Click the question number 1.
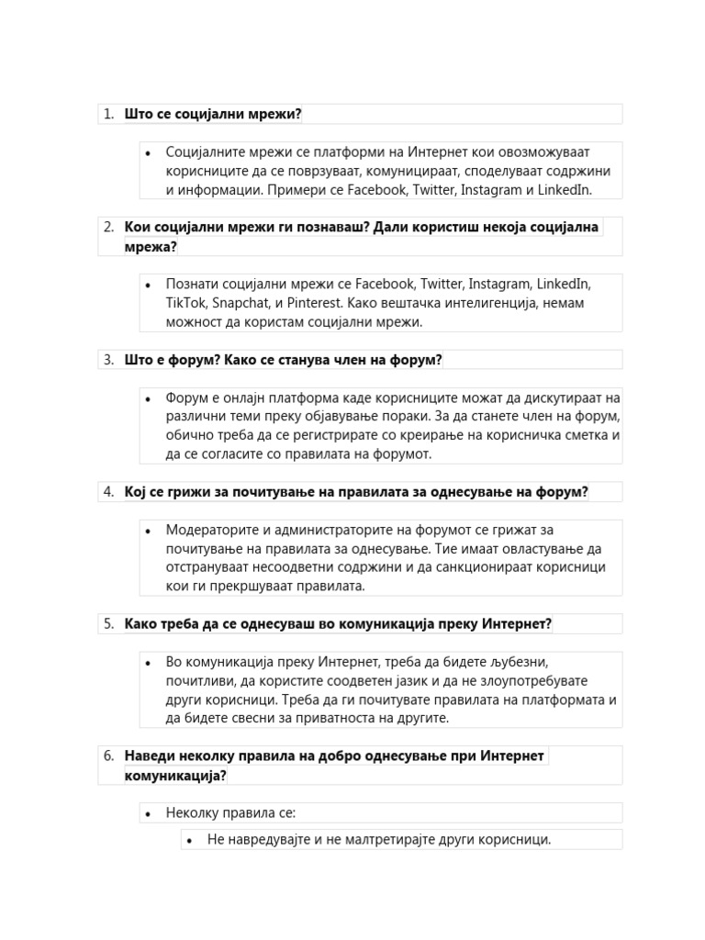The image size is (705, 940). [107, 114]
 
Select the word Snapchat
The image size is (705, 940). [246, 303]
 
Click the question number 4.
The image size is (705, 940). [107, 492]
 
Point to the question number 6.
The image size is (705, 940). [107, 756]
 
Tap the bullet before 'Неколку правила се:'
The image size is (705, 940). [148, 813]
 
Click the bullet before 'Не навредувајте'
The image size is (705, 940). [189, 840]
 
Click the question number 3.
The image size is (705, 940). [107, 360]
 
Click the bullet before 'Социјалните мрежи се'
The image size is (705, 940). [148, 152]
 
